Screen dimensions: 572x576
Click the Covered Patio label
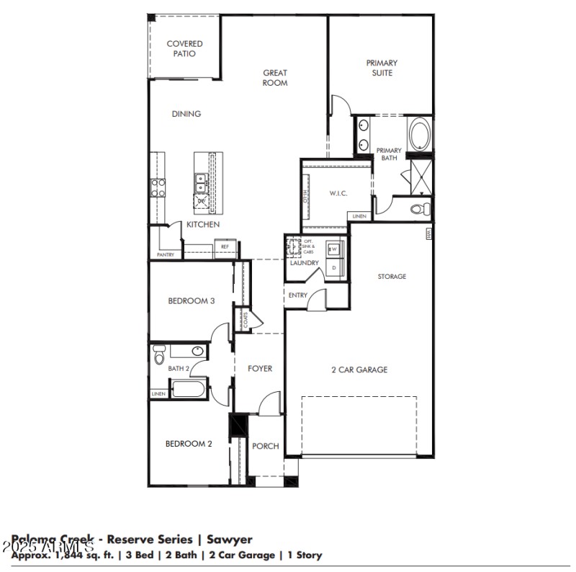pyautogui.click(x=184, y=48)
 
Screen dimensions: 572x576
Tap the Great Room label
pyautogui.click(x=275, y=78)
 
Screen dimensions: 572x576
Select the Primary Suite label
pyautogui.click(x=382, y=68)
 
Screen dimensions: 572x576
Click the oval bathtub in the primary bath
pyautogui.click(x=419, y=135)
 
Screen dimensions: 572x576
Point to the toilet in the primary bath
pyautogui.click(x=420, y=210)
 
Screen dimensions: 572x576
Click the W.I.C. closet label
pyautogui.click(x=339, y=193)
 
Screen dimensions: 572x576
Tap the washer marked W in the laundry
pyautogui.click(x=333, y=249)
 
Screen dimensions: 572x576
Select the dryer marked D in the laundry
pyautogui.click(x=333, y=267)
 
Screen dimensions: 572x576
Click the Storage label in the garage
pyautogui.click(x=392, y=276)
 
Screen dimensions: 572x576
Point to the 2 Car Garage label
pyautogui.click(x=359, y=370)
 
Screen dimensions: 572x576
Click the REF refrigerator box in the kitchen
pyautogui.click(x=225, y=247)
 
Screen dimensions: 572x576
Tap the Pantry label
pyautogui.click(x=166, y=254)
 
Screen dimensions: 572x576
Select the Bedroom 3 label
pyautogui.click(x=192, y=301)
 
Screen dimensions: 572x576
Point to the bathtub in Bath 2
pyautogui.click(x=189, y=390)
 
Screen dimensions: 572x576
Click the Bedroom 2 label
pyautogui.click(x=189, y=444)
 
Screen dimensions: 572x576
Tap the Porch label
pyautogui.click(x=265, y=446)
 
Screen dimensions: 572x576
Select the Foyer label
pyautogui.click(x=260, y=369)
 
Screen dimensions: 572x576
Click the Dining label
pyautogui.click(x=186, y=114)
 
